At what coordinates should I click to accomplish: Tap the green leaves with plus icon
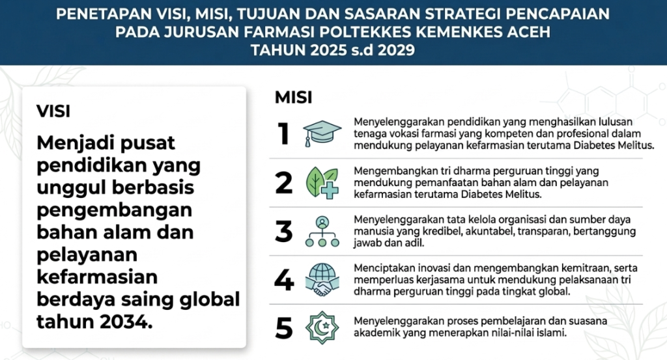point(322,183)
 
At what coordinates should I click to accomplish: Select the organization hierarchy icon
point(322,232)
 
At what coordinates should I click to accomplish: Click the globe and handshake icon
point(322,280)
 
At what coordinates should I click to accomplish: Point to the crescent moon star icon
point(322,327)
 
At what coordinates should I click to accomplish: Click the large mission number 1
point(284,134)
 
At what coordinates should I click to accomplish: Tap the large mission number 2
point(284,183)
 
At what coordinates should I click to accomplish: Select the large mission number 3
point(284,231)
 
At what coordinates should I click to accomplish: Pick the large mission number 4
point(284,280)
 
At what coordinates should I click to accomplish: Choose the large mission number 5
point(284,329)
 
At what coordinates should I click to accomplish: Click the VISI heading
point(53,111)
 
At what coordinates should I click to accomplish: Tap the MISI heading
point(294,98)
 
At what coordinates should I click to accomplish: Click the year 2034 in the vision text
point(126,322)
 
